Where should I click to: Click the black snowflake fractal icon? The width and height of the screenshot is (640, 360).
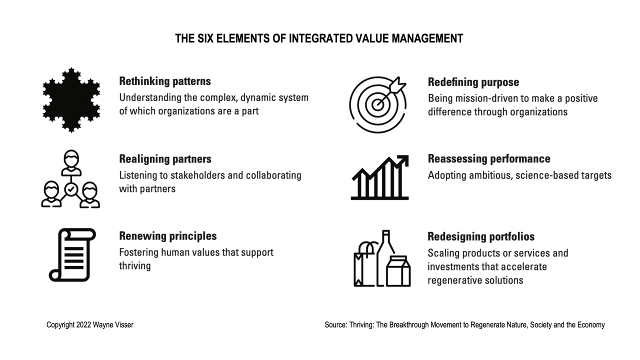pos(71,100)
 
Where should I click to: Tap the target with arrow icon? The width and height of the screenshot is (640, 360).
pos(378,104)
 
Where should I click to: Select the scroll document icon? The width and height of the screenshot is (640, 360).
pos(72,254)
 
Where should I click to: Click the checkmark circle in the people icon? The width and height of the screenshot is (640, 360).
pos(71,189)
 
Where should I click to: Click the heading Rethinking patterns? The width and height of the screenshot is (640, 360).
pos(165,81)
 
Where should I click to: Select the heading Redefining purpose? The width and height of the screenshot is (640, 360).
pos(473,82)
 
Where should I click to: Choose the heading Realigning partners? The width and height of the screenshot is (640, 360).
pos(165,159)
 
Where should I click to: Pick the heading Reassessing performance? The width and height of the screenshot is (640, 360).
pos(489,159)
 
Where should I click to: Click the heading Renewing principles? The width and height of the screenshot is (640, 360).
pos(167,236)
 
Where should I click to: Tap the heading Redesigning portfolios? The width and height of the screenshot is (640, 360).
pos(481,236)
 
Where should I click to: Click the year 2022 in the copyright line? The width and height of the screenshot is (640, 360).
pos(84,325)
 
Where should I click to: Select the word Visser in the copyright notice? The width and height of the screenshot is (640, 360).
pos(124,325)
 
